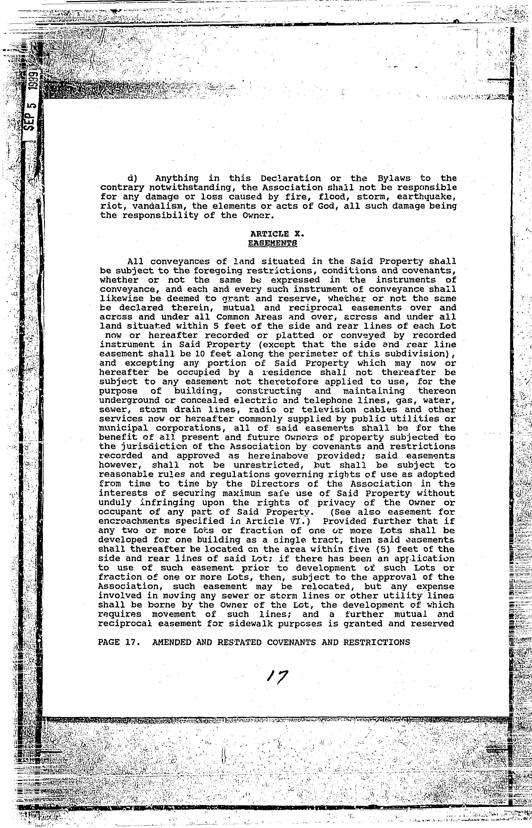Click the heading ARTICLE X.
point(276,234)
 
